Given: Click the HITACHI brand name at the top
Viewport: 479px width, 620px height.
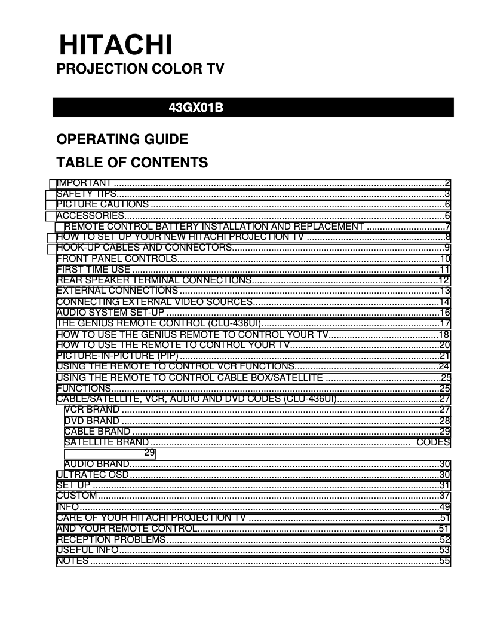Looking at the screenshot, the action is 115,45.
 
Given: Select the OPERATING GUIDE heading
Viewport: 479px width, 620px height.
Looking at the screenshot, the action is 122,140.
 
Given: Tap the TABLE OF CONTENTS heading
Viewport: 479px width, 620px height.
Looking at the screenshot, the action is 132,163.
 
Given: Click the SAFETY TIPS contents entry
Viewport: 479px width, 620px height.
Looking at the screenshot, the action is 86,194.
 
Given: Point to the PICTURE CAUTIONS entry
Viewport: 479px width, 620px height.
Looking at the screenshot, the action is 102,204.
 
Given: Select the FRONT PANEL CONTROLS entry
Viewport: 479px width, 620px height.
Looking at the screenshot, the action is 116,258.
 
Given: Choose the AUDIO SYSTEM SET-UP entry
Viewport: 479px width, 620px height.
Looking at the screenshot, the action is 110,312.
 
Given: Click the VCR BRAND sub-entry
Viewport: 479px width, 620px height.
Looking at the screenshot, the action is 92,410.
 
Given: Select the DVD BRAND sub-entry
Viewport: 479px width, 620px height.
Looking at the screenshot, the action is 92,420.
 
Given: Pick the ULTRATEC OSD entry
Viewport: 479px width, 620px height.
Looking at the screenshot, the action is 93,475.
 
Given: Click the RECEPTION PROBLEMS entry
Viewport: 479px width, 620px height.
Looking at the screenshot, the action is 111,539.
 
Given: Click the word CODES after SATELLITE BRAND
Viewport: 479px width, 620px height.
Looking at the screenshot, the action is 433,442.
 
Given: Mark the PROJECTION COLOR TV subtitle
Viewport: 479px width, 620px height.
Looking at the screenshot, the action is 140,69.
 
